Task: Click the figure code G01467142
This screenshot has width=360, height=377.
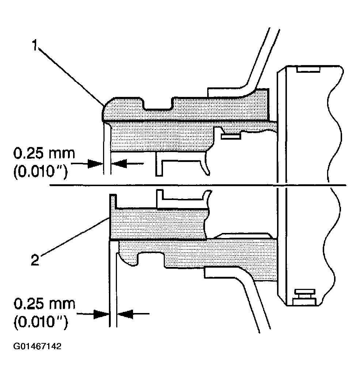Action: point(38,346)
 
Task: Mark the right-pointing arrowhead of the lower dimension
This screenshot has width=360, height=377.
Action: point(102,313)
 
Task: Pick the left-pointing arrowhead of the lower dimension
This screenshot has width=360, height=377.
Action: point(125,313)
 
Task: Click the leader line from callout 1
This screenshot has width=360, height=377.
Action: point(69,77)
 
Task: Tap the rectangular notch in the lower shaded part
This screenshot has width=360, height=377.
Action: point(151,258)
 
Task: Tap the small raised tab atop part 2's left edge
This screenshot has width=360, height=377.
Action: point(113,200)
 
